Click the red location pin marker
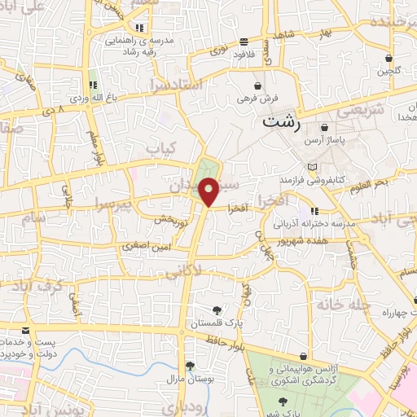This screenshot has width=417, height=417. (x=209, y=192)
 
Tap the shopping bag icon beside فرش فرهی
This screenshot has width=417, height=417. (x=257, y=85)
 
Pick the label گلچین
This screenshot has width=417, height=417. (x=389, y=71)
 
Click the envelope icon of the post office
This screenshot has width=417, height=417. (x=26, y=330)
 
